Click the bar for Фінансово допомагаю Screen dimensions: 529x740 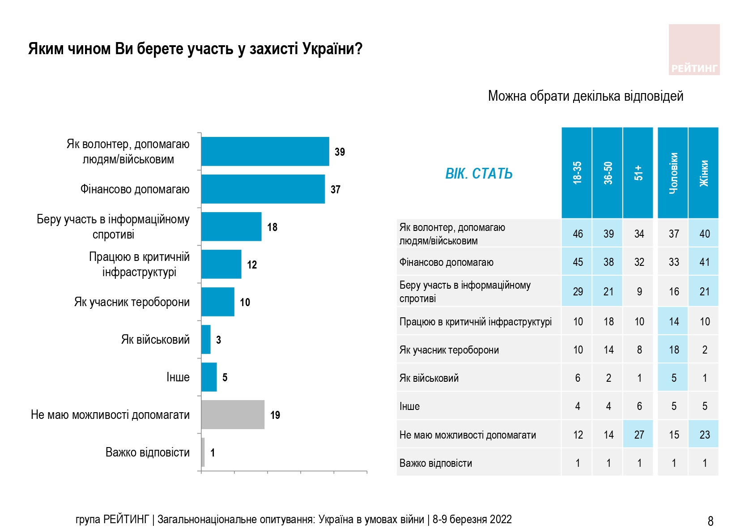pyautogui.click(x=263, y=189)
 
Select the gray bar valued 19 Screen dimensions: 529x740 pyautogui.click(x=233, y=415)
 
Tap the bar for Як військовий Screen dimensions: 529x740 pyautogui.click(x=206, y=340)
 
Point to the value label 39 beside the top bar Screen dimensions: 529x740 pyautogui.click(x=340, y=152)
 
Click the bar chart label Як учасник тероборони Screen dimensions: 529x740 pyautogui.click(x=132, y=302)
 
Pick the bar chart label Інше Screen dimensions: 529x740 pyautogui.click(x=178, y=377)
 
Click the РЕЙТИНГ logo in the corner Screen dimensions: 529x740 pyautogui.click(x=694, y=50)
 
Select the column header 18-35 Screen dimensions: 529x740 pyautogui.click(x=577, y=173)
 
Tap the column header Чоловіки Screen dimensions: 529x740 pyautogui.click(x=673, y=173)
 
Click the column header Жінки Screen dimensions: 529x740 pyautogui.click(x=704, y=173)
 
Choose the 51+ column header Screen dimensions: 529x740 pyautogui.click(x=638, y=173)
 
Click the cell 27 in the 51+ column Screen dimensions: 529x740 pyautogui.click(x=639, y=435)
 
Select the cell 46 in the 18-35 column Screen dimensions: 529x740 pyautogui.click(x=578, y=234)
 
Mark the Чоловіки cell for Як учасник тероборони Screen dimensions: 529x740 pyautogui.click(x=674, y=350)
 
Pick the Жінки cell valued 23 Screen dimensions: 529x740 pyautogui.click(x=704, y=435)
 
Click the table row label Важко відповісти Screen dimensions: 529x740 pyautogui.click(x=435, y=463)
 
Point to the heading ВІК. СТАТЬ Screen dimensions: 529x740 pyautogui.click(x=479, y=174)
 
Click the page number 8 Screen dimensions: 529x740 pyautogui.click(x=710, y=521)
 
